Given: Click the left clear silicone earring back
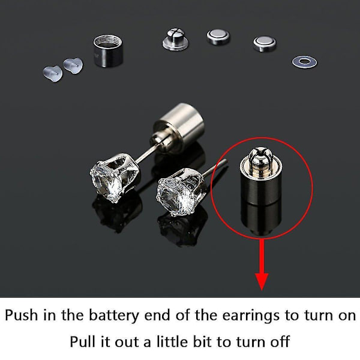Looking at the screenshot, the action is point(53,74).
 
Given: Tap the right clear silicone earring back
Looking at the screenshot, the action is point(73,65).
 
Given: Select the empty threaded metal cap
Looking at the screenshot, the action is point(108,51).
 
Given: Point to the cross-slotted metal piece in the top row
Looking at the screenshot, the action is point(175,39).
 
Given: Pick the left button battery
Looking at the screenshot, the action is point(218,37).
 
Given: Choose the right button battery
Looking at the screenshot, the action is point(265,43).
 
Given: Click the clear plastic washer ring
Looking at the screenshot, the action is point(304,62).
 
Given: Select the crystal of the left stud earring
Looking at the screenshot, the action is point(106,181).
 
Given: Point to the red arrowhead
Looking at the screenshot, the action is point(262,281).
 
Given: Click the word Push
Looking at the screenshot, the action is point(22,315).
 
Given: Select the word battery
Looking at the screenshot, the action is point(114,316).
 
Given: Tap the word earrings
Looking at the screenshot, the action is point(251,316).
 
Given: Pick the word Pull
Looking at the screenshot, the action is point(82,341).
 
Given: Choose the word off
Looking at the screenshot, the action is point(280,341).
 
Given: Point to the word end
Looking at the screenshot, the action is point(158,316).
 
